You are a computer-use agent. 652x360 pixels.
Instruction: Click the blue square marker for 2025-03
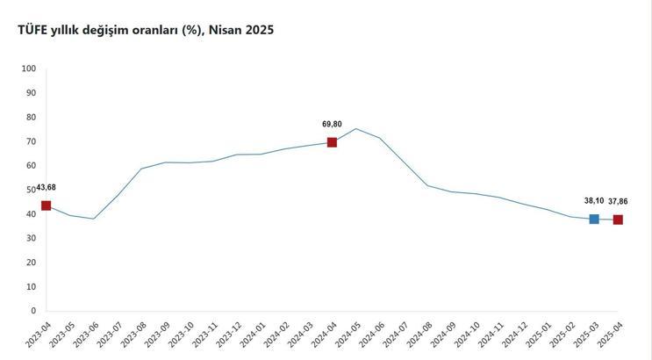[x=594, y=219]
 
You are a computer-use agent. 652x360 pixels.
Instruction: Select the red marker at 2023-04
[x=46, y=205]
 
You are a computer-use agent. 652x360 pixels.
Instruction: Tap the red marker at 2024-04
[x=332, y=142]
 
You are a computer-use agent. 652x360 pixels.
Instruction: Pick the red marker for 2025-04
[x=618, y=220]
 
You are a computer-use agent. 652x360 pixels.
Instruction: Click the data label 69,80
[x=332, y=124]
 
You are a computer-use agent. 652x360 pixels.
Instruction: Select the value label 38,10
[x=593, y=200]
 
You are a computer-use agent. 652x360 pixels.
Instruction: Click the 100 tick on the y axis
[x=28, y=68]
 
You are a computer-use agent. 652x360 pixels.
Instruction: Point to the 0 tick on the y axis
[x=33, y=311]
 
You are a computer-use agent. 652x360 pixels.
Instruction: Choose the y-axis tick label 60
[x=31, y=165]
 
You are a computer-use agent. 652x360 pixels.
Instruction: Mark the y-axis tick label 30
[x=31, y=238]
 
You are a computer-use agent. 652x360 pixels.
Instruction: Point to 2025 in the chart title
[x=259, y=30]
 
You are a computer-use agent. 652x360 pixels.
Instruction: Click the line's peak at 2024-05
[x=355, y=129]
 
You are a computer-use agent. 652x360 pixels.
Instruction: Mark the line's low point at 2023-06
[x=94, y=219]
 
